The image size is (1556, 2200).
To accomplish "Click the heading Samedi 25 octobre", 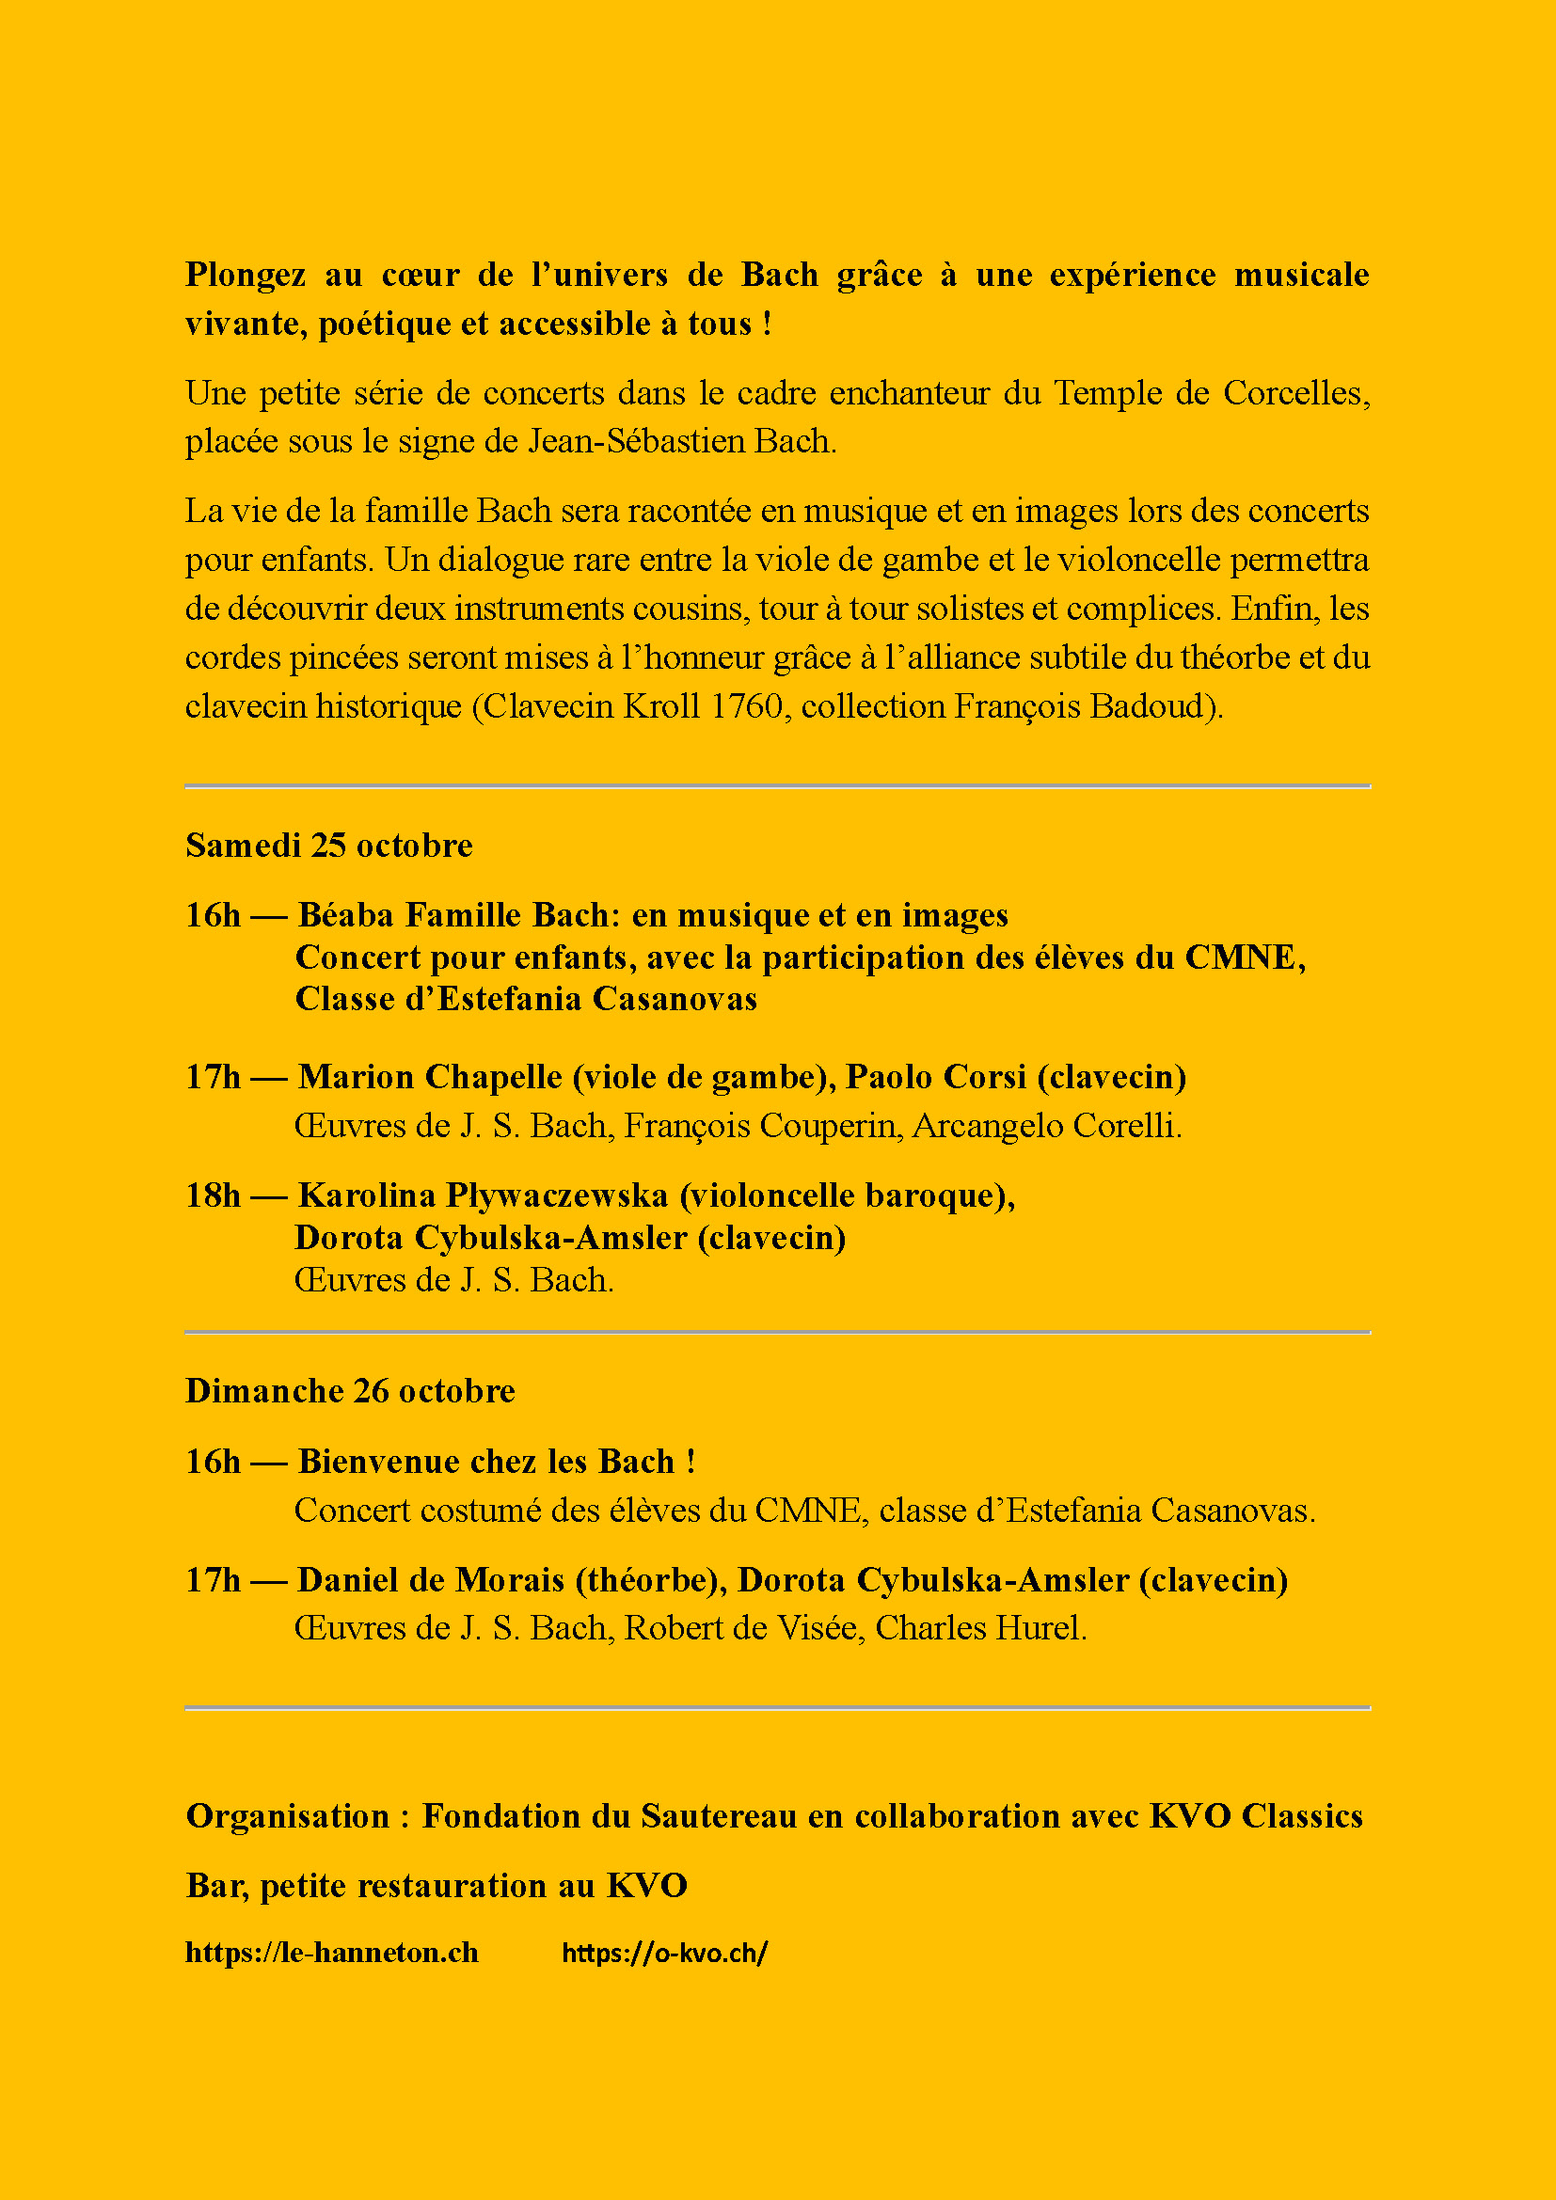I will (328, 846).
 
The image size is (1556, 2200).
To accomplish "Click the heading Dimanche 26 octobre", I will (350, 1390).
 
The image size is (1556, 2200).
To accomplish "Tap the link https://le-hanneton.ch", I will (331, 1952).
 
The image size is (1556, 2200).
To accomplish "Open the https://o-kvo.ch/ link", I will (664, 1952).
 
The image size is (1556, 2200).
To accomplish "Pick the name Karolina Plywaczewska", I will (483, 1195).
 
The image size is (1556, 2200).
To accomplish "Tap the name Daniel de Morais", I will (430, 1579).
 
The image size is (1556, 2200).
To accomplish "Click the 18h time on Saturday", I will (213, 1195).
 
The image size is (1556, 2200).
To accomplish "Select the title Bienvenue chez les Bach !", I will (497, 1462).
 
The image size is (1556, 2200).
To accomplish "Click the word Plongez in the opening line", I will (246, 275).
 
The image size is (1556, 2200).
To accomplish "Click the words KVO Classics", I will (1255, 1815).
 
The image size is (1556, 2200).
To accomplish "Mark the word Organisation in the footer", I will (288, 1815).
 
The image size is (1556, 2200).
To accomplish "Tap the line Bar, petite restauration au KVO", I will (436, 1885).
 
